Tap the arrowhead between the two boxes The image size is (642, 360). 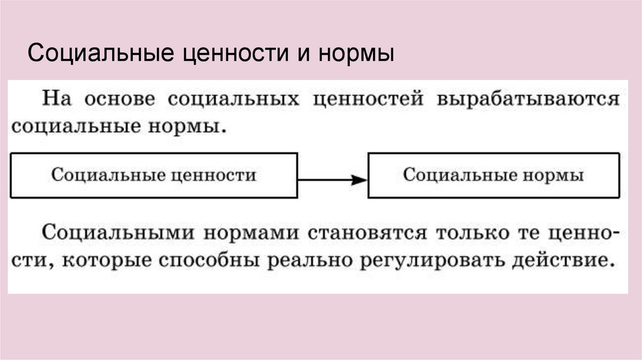pos(359,180)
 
